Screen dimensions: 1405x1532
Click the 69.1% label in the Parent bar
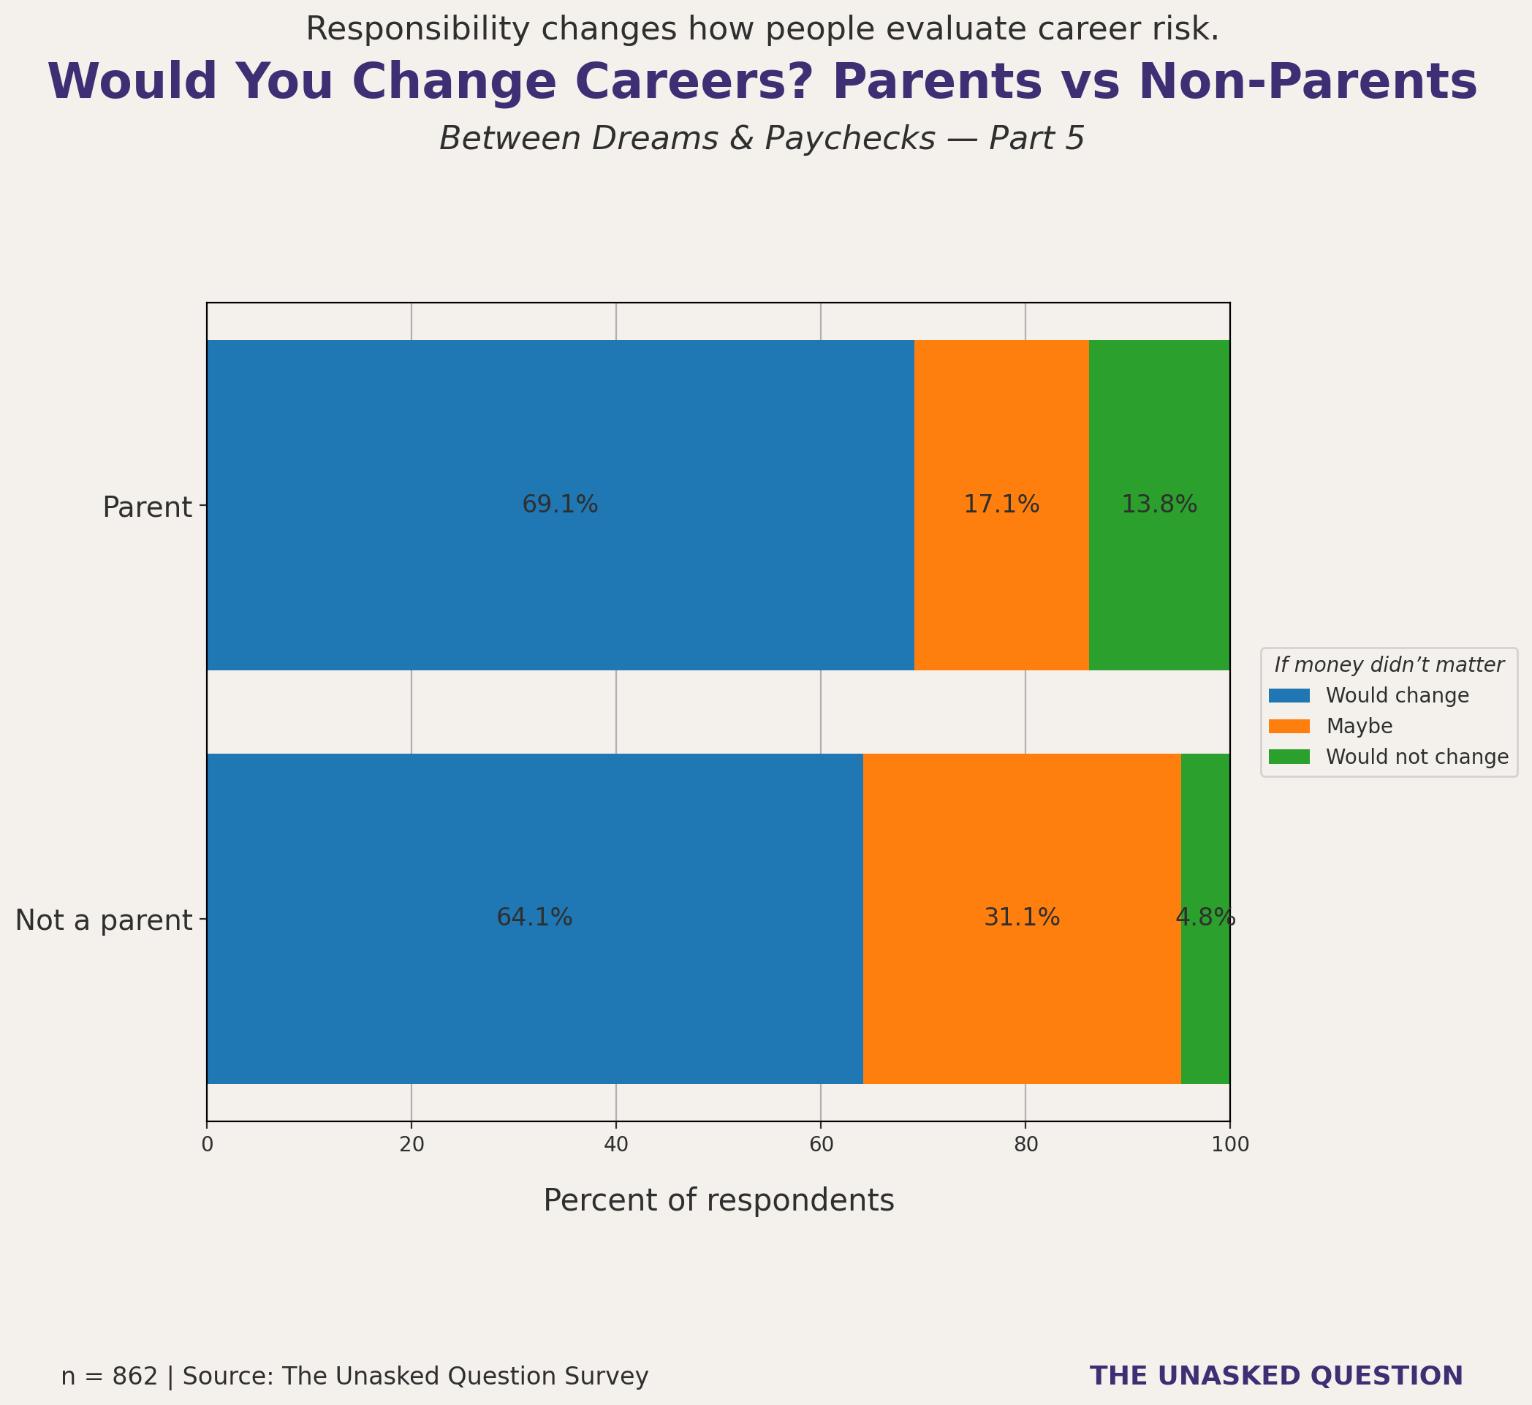click(560, 505)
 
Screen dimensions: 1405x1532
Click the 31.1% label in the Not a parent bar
click(1021, 918)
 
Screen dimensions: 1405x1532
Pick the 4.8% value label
click(1205, 918)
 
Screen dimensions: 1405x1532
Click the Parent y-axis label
click(147, 507)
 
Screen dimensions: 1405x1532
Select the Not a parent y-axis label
click(103, 920)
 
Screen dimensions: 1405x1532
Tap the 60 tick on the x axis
click(820, 1145)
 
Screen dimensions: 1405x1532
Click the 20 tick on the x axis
click(412, 1145)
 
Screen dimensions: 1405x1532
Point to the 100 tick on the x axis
click(1229, 1145)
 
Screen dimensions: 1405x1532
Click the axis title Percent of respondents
click(718, 1200)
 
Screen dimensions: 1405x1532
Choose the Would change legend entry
click(1397, 696)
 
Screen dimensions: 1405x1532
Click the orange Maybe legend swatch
click(1289, 726)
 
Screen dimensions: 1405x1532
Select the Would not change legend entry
click(1417, 757)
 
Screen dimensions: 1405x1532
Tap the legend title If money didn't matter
click(1388, 665)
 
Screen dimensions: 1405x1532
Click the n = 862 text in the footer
click(109, 1376)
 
